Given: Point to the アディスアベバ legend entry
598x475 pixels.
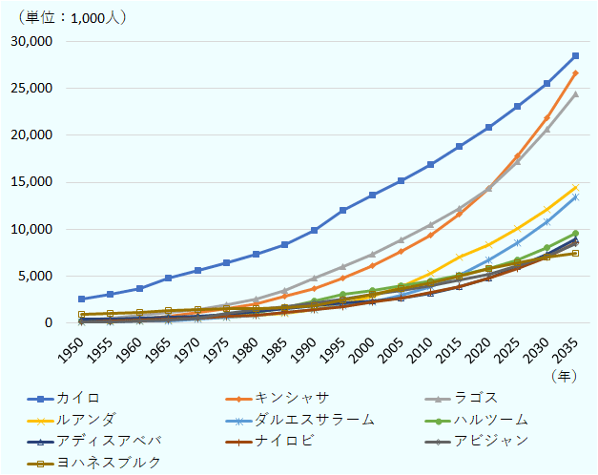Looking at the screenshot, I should pyautogui.click(x=105, y=440).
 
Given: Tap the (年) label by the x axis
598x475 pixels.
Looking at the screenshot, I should pyautogui.click(x=564, y=375).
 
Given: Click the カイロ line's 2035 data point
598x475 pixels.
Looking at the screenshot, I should pyautogui.click(x=575, y=56).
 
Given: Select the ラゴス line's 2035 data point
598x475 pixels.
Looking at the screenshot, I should pyautogui.click(x=575, y=94).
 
